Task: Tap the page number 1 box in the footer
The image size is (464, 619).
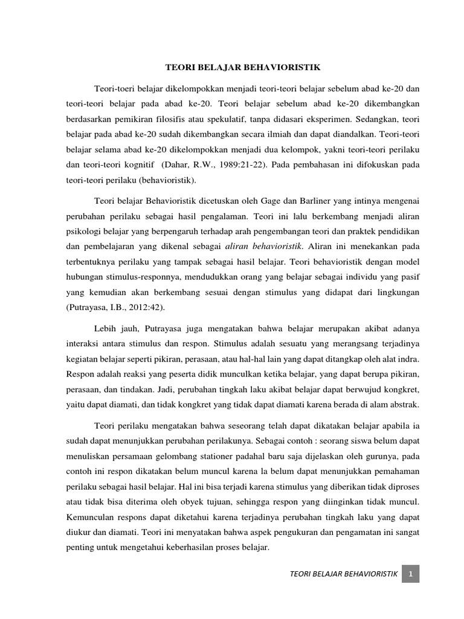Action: tap(410, 574)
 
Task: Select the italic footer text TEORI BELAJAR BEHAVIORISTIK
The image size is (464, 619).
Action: tap(344, 574)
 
